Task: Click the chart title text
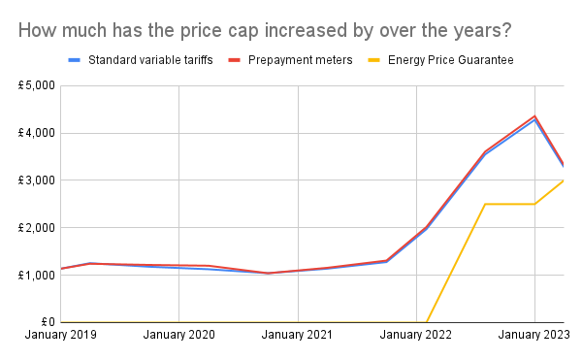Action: coord(265,30)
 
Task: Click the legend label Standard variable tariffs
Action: coord(150,60)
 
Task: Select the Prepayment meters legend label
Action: coord(299,60)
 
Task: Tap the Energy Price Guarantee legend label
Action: coord(450,60)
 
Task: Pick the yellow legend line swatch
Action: coord(373,60)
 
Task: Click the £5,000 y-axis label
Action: coord(36,85)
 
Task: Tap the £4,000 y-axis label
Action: coord(36,133)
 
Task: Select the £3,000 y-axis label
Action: coord(36,180)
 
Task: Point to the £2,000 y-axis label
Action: coord(36,228)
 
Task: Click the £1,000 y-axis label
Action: coord(36,276)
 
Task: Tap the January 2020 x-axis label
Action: coord(178,336)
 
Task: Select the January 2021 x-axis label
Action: coord(297,336)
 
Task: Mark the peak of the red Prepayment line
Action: coord(534,116)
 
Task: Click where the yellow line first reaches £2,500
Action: coord(485,204)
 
